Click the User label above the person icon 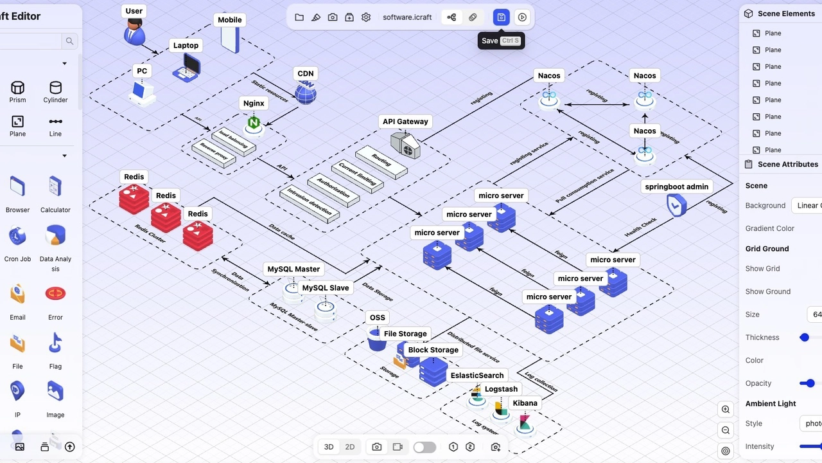pyautogui.click(x=134, y=11)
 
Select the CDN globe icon pyautogui.click(x=306, y=93)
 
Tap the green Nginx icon pyautogui.click(x=254, y=123)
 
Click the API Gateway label pyautogui.click(x=405, y=122)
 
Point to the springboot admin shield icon pyautogui.click(x=676, y=206)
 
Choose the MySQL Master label pyautogui.click(x=293, y=269)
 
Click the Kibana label pyautogui.click(x=525, y=403)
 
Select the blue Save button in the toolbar pyautogui.click(x=502, y=17)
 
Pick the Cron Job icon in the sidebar pyautogui.click(x=17, y=237)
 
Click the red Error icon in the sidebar pyautogui.click(x=55, y=294)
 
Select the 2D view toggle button pyautogui.click(x=350, y=447)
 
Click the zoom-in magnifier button pyautogui.click(x=726, y=410)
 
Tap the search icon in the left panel pyautogui.click(x=69, y=42)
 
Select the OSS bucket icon pyautogui.click(x=377, y=339)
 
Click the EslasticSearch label pyautogui.click(x=477, y=376)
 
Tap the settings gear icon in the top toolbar pyautogui.click(x=366, y=17)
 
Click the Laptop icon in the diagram pyautogui.click(x=187, y=67)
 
